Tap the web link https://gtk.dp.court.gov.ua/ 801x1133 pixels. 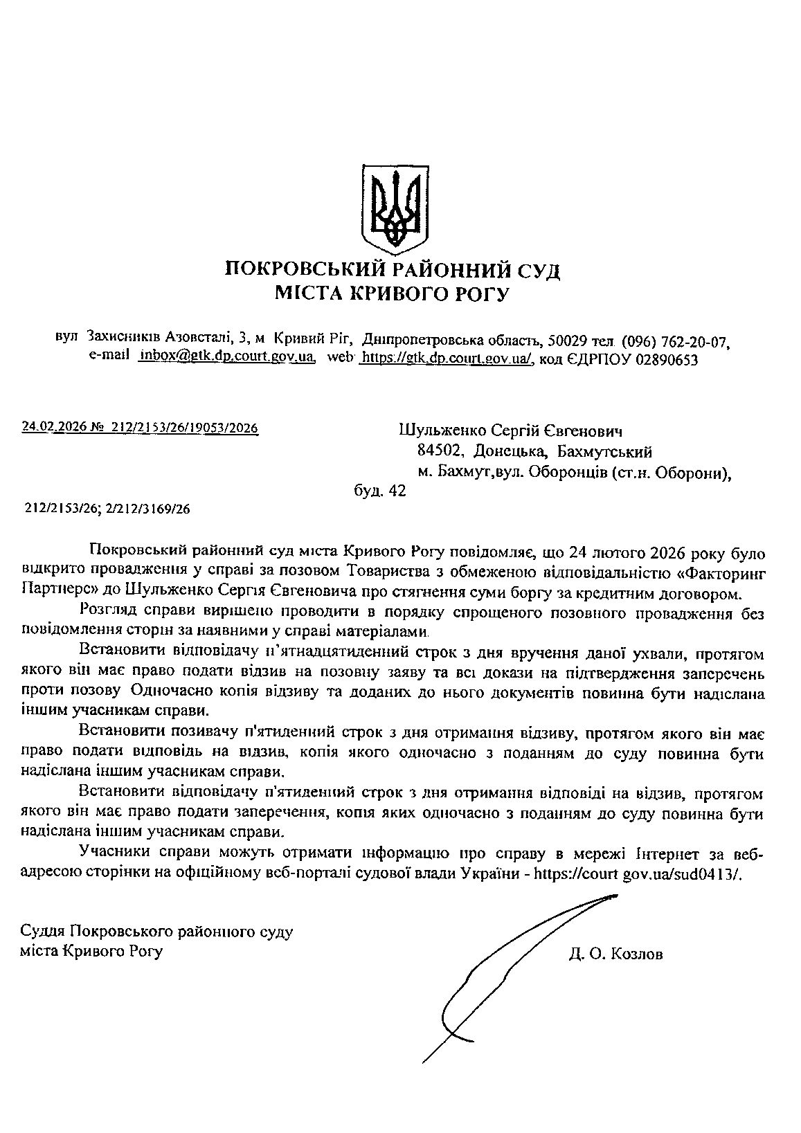point(447,358)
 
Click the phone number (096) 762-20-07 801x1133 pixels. point(676,341)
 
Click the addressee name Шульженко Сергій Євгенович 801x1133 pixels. point(511,432)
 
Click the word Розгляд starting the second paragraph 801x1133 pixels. point(107,613)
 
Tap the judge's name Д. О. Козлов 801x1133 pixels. point(615,955)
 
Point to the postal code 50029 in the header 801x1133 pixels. point(568,341)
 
